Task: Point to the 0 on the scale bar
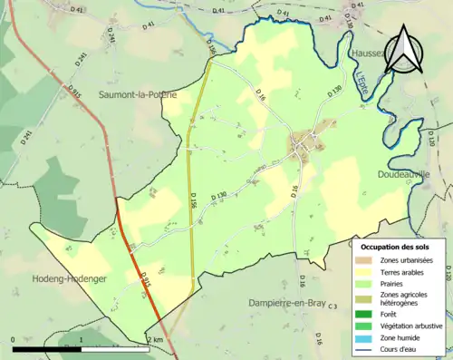pyautogui.click(x=14, y=339)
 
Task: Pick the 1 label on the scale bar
pyautogui.click(x=82, y=339)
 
